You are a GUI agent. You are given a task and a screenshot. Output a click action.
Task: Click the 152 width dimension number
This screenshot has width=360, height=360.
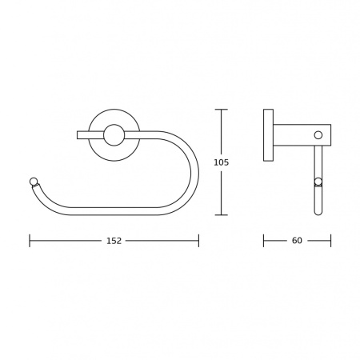click(x=114, y=241)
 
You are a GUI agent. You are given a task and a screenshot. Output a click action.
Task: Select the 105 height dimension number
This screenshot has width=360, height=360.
click(x=222, y=162)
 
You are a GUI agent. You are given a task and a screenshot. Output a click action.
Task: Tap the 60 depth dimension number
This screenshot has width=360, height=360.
click(x=297, y=241)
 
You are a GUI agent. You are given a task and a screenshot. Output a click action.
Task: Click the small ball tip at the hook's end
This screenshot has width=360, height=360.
click(x=34, y=182)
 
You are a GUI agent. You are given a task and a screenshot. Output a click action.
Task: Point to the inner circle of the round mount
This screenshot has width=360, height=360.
click(x=114, y=135)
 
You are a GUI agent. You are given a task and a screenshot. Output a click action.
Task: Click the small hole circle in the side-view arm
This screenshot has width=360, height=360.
click(x=318, y=135)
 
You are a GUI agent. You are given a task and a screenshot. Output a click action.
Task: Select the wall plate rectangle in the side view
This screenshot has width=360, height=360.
click(x=268, y=135)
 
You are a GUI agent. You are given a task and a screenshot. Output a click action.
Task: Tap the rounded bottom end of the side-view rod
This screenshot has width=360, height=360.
click(x=318, y=213)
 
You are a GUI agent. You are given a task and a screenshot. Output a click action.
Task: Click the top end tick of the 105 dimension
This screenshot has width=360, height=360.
click(x=222, y=110)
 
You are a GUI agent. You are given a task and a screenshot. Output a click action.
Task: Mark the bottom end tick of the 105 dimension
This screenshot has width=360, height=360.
click(x=222, y=214)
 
